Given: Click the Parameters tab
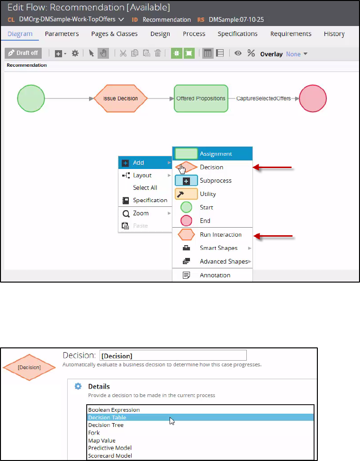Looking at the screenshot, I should coord(62,34).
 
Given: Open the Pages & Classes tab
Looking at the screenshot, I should coord(114,34).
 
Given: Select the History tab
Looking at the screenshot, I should coord(334,34).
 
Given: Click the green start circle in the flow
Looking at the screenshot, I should coord(31,98).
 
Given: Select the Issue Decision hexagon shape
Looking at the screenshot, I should coord(120,98).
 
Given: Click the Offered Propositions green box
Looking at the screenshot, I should coord(201,98).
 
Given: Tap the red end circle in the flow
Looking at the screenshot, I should coord(313,98).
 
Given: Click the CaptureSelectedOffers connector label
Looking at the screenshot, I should coord(263,98).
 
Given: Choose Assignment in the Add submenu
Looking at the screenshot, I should coord(216,154).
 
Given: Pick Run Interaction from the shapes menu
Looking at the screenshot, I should coord(220,235).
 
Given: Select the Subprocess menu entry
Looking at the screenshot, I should coord(216,181).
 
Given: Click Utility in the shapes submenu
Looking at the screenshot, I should coord(207,194).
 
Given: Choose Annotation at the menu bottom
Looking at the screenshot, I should coord(215,275).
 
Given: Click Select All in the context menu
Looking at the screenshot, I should coord(145,188).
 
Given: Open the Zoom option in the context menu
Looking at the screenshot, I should coord(141,213).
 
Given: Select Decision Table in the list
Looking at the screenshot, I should coord(107,417).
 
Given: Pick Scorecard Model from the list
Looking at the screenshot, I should coord(110,456).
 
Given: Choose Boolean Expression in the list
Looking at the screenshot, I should coord(114,410).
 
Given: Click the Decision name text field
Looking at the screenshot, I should coord(173,355).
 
